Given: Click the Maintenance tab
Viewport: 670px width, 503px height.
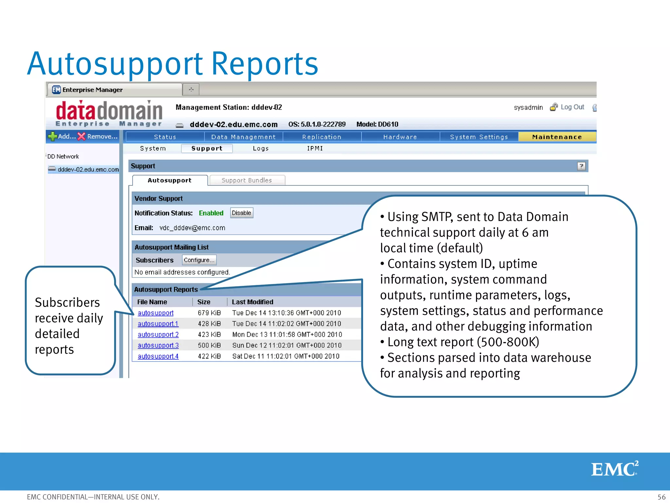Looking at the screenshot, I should point(557,137).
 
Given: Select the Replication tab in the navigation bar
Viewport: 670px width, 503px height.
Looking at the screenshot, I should point(322,137).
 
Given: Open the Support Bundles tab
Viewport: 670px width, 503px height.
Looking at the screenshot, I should point(247,180).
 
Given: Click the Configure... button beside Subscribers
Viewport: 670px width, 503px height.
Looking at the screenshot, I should point(199,260).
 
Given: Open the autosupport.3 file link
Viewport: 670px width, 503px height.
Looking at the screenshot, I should point(158,345).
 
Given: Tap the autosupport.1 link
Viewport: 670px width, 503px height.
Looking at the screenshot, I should point(158,324).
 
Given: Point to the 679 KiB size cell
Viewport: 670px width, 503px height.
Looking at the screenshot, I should point(209,313).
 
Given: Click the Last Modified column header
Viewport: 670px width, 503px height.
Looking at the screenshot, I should point(252,302).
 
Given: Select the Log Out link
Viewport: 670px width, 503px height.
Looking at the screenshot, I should point(572,107).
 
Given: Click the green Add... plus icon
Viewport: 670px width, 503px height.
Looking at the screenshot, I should point(52,136).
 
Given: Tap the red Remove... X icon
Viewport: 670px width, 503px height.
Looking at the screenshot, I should point(81,136).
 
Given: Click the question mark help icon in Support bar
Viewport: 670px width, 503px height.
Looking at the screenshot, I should point(581,166).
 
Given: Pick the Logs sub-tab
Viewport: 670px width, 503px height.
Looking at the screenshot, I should point(261,148).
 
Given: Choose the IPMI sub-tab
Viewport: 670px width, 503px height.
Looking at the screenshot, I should point(315,148).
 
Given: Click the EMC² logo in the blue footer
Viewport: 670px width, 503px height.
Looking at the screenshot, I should point(614,469).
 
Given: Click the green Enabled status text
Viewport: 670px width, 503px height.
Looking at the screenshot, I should point(211,213).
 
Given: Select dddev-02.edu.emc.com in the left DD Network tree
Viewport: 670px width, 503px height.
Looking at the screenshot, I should point(88,169).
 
